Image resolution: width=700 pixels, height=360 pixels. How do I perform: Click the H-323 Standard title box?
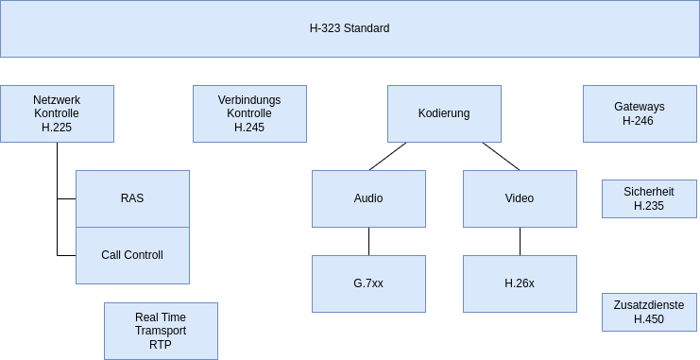click(x=350, y=28)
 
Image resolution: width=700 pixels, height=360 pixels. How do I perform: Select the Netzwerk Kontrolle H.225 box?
click(x=57, y=113)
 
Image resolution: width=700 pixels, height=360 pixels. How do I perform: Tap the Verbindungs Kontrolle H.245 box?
click(x=249, y=113)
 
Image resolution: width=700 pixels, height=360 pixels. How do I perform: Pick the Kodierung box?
click(x=444, y=113)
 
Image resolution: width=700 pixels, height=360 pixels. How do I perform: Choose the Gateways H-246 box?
click(x=640, y=113)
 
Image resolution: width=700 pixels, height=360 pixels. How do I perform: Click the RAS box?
click(x=132, y=198)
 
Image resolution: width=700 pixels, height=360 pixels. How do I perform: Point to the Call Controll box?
click(x=132, y=255)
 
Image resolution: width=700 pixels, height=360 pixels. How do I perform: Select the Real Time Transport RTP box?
click(x=161, y=331)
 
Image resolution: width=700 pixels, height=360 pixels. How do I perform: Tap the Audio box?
click(x=368, y=198)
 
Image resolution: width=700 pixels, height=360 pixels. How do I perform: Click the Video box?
click(x=520, y=198)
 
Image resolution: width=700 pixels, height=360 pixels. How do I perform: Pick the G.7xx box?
click(x=368, y=283)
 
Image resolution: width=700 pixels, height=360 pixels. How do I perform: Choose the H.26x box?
click(x=520, y=283)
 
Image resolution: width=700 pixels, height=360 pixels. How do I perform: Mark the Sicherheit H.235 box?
click(x=649, y=198)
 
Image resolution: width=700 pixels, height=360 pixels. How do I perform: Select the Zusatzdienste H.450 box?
click(x=649, y=312)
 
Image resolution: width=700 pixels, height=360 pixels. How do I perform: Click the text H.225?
click(x=57, y=127)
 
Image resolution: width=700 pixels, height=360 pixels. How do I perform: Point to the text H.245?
click(x=249, y=127)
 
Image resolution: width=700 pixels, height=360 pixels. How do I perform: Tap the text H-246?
click(x=640, y=121)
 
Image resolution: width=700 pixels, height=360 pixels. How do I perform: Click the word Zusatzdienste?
click(x=649, y=305)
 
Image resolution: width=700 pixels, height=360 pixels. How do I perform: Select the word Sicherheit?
click(x=649, y=192)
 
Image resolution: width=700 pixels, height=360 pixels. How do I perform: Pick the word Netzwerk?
click(x=57, y=100)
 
